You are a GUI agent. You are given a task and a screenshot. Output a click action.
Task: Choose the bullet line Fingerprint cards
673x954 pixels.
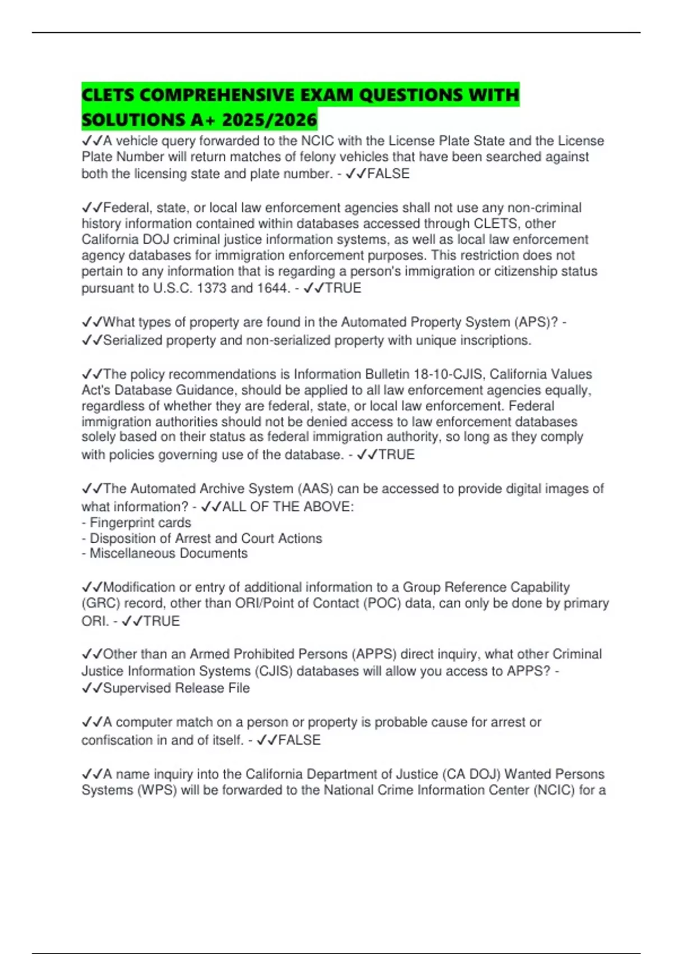point(140,523)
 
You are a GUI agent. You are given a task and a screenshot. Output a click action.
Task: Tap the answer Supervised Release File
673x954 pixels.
point(176,688)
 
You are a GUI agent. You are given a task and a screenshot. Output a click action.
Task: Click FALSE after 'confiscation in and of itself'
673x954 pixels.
point(299,740)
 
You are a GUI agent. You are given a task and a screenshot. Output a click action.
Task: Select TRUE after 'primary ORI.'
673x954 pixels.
point(162,621)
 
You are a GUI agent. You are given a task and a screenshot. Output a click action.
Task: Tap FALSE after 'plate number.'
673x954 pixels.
point(388,174)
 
